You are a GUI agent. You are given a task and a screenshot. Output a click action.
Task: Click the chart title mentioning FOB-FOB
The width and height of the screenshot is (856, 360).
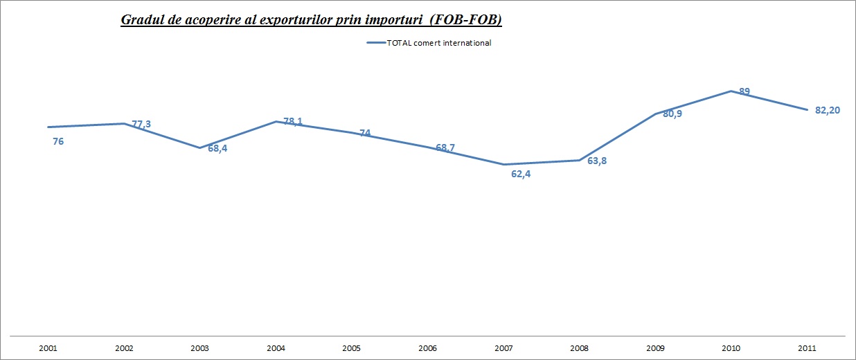[311, 19]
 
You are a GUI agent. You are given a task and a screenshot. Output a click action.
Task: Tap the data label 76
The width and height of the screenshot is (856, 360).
[58, 142]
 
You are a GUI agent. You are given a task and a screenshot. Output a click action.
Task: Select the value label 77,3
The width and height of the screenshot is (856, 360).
[141, 125]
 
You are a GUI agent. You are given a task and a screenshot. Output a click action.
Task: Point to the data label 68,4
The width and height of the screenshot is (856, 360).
[217, 148]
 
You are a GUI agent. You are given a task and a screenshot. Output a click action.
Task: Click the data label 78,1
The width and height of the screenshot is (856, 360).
[293, 122]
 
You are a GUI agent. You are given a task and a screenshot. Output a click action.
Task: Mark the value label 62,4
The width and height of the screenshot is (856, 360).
[521, 174]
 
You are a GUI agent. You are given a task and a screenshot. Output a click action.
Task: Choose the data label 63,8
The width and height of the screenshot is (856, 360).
[597, 161]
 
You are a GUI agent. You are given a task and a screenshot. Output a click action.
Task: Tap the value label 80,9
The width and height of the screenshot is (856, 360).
[672, 114]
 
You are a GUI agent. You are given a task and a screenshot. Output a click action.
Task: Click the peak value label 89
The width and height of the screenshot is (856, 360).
[744, 91]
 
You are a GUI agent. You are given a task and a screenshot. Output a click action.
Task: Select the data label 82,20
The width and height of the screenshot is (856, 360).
[828, 111]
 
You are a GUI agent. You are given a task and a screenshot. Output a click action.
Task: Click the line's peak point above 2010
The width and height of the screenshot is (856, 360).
[731, 91]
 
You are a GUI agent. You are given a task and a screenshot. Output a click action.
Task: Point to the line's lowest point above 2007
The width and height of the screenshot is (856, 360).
[503, 165]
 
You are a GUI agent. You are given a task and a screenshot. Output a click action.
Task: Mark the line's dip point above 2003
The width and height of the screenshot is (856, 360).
[199, 148]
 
